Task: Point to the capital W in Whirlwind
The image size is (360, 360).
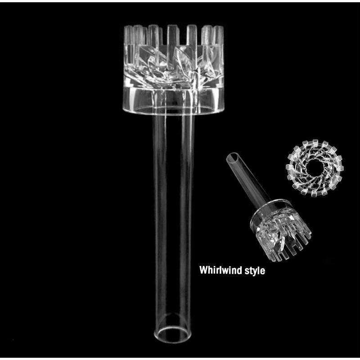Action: point(203,270)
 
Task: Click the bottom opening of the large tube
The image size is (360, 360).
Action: point(173,334)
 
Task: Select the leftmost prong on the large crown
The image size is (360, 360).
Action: point(128,35)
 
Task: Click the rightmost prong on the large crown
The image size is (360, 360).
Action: point(218,35)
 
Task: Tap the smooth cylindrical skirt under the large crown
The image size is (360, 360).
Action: point(173,101)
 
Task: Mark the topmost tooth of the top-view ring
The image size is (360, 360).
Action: point(315,142)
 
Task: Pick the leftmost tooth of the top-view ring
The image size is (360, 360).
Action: point(288,167)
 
